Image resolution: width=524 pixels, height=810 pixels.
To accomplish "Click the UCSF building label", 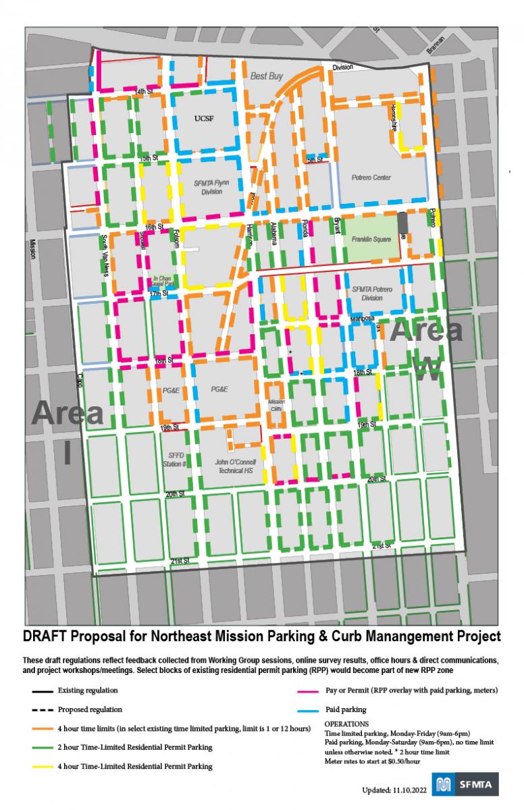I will (203, 118).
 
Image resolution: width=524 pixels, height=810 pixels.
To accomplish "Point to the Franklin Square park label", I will (371, 240).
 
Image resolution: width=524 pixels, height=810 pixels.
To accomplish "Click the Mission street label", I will (32, 250).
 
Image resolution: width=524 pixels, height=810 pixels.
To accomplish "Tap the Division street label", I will (343, 67).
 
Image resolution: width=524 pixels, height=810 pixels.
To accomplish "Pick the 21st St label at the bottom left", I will (179, 561).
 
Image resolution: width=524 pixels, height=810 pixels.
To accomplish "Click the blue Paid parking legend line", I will (311, 709).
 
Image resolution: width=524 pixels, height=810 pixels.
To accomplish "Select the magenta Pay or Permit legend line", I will (311, 691).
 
